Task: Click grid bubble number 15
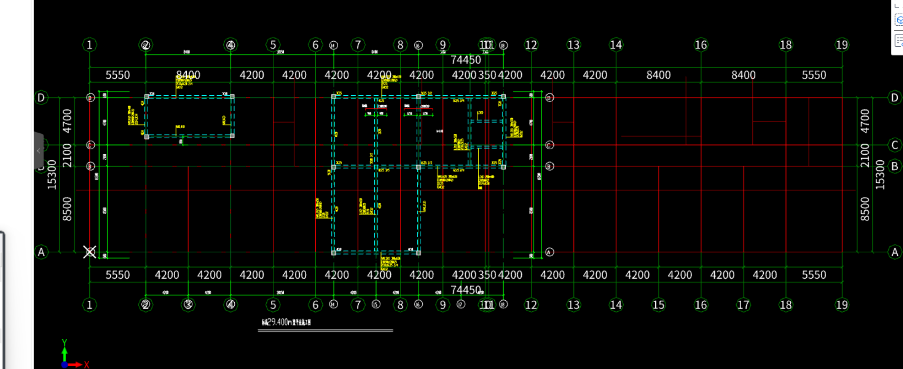coord(659,305)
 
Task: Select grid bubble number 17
coord(743,305)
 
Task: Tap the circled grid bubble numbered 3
coord(188,304)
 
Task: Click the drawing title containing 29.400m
coord(286,322)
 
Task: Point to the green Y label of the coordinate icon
coord(64,342)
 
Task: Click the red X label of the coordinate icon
coord(86,364)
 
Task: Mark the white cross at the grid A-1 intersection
coord(89,252)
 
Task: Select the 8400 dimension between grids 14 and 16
coord(659,75)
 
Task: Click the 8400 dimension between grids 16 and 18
coord(743,75)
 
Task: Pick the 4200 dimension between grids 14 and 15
coord(637,275)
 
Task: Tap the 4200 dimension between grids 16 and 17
coord(722,275)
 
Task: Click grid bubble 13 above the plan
coord(573,45)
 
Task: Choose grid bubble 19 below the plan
coord(842,305)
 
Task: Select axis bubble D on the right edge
coord(894,98)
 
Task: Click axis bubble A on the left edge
coord(41,252)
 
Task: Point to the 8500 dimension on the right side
coord(865,209)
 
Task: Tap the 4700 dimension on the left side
coord(67,121)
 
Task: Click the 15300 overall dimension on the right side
coord(880,175)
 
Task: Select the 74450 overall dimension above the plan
coord(466,60)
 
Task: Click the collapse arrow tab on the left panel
coord(38,151)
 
